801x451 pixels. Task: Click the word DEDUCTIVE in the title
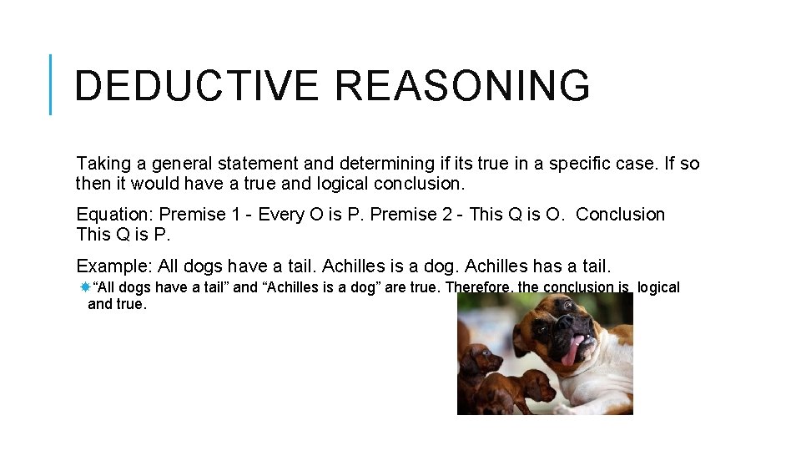point(196,86)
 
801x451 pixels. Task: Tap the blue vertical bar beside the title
point(51,84)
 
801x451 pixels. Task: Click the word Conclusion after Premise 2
point(620,215)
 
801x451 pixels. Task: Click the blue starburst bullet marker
point(84,287)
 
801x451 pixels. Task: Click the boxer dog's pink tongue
point(571,352)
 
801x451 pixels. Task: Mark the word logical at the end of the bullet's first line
point(658,287)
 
